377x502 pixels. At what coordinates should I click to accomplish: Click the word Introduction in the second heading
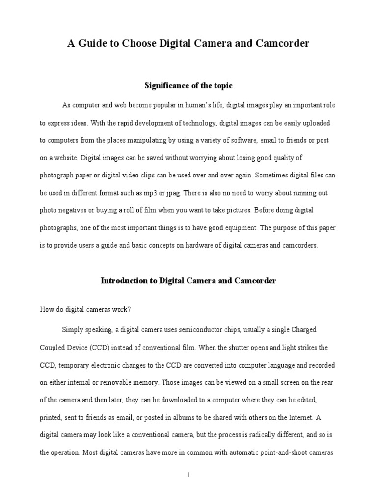pos(124,281)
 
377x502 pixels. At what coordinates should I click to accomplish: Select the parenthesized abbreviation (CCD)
pos(103,347)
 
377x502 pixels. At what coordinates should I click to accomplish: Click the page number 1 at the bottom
pos(188,475)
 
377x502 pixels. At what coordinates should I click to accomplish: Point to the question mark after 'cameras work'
pos(130,309)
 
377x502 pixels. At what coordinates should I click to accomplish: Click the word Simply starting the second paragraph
pos(73,329)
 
